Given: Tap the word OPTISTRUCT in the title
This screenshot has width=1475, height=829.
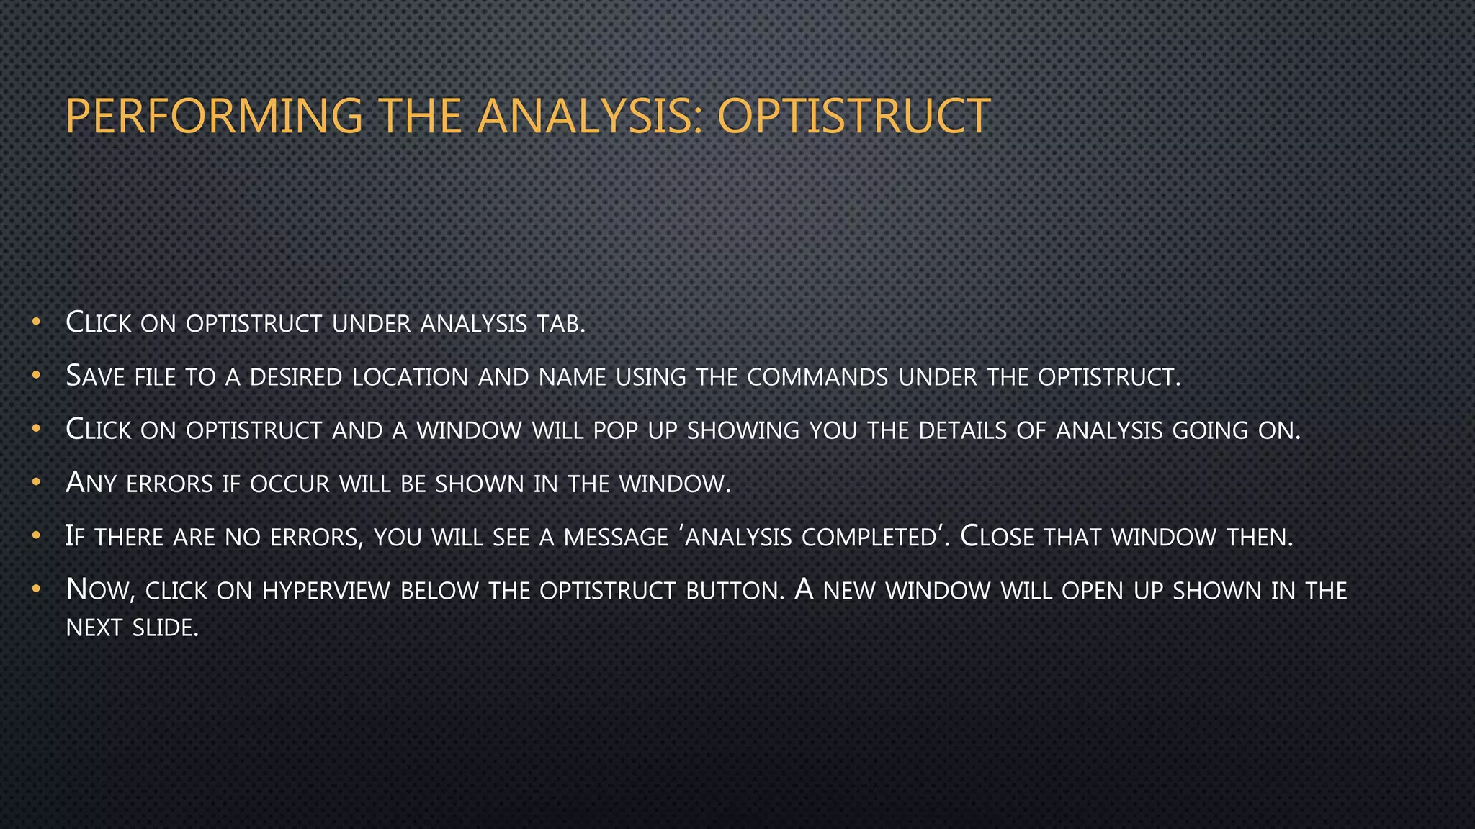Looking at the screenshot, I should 854,117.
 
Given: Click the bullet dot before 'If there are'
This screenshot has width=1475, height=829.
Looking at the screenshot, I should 35,536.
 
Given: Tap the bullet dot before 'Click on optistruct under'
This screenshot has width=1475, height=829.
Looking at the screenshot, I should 35,322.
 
